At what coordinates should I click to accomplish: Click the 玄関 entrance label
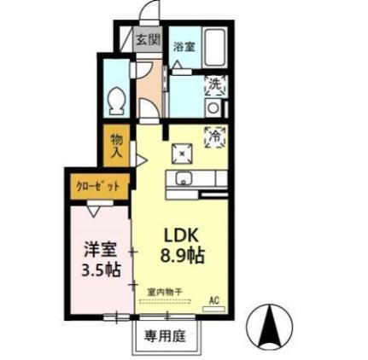pos(149,39)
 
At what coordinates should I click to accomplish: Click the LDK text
pos(181,234)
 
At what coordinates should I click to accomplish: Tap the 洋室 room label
pos(100,250)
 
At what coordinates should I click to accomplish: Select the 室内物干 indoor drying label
pos(165,292)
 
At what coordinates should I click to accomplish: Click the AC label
pos(214,300)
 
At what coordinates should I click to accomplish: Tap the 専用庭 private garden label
pos(165,335)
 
